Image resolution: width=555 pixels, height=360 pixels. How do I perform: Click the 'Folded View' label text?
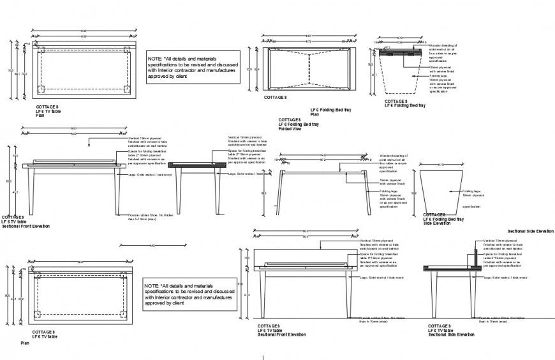click(289, 128)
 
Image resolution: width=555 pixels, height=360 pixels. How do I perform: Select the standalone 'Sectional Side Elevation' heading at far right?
click(530, 230)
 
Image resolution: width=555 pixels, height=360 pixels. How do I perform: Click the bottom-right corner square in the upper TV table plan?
click(126, 89)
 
